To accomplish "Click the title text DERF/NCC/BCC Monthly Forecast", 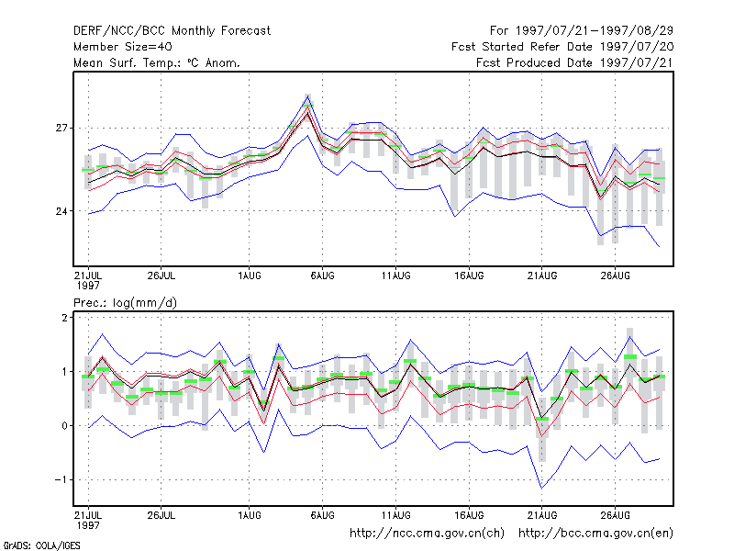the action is tap(172, 31).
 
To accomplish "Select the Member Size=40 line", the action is tap(123, 47).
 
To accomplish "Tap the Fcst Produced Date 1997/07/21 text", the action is tap(574, 62).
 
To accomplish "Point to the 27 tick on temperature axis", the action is tap(61, 128).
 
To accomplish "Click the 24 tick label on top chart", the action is tap(61, 211).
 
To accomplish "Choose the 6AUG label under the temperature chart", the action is tap(323, 275).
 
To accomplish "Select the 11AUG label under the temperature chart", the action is tap(395, 275).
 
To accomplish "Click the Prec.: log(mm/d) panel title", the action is tap(125, 303).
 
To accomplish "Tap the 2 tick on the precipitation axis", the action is tap(64, 318).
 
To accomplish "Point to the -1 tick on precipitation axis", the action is tap(61, 479).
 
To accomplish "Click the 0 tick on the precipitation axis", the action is tap(64, 426).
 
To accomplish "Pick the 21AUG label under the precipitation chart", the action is tap(542, 515).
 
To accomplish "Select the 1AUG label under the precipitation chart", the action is tap(249, 515).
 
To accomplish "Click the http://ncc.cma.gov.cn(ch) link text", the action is tap(427, 534).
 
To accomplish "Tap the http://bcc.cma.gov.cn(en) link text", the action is tap(595, 534).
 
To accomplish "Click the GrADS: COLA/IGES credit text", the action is tap(41, 545).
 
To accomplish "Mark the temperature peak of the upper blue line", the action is tap(307, 96).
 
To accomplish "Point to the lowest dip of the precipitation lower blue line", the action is tap(541, 489).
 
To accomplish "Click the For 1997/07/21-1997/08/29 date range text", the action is tap(582, 31).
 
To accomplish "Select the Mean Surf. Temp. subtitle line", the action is tap(157, 62).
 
